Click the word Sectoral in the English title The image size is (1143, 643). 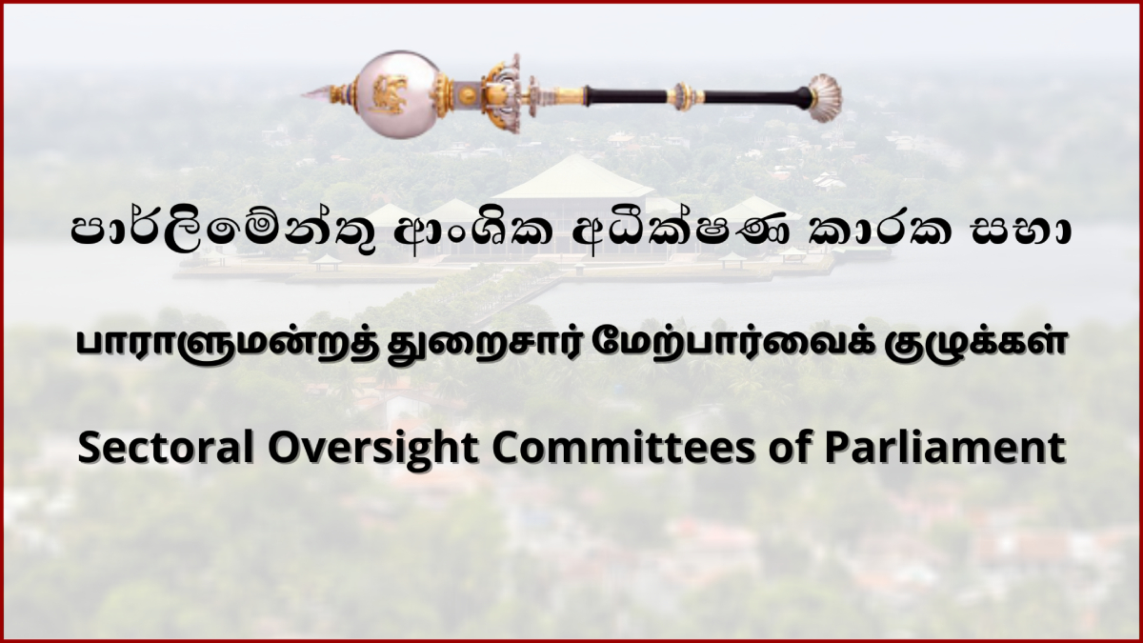(x=166, y=448)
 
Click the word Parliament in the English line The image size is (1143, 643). (x=945, y=448)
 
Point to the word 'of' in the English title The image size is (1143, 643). (x=789, y=448)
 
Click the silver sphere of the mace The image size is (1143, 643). (x=396, y=94)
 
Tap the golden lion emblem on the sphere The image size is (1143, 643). (x=391, y=94)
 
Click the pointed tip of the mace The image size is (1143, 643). (x=303, y=94)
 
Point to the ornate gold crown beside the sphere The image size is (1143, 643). (x=503, y=93)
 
